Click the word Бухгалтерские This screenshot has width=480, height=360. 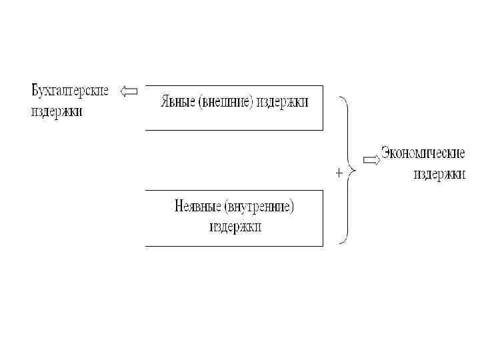pos(69,90)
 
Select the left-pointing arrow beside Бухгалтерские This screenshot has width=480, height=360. pos(128,92)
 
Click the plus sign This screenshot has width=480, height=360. pos(339,172)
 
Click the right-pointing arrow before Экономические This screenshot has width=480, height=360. pos(371,159)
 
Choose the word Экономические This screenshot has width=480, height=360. pos(423,153)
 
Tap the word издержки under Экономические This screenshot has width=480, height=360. pos(439,174)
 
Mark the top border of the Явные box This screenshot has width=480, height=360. pos(233,85)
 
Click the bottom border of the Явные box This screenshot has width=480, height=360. pos(233,129)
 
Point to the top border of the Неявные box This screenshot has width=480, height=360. pos(233,190)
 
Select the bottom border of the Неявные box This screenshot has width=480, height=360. pos(233,246)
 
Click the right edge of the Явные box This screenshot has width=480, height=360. pos(323,107)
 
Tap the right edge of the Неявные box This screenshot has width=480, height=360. pos(323,218)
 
